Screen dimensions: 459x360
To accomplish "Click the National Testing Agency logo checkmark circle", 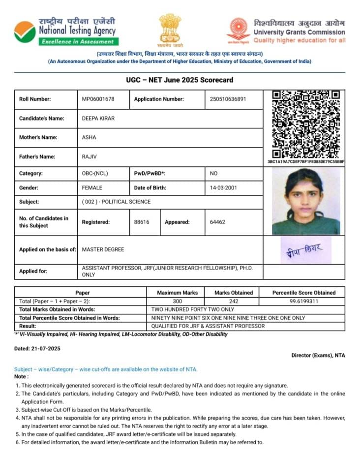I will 25,32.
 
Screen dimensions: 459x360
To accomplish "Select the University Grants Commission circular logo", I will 239,30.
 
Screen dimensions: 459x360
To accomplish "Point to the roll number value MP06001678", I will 98,99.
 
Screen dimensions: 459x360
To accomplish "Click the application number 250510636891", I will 228,99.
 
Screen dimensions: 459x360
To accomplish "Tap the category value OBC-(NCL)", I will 96,174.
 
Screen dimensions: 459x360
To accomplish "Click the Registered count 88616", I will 142,222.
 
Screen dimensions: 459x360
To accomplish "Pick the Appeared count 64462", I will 217,222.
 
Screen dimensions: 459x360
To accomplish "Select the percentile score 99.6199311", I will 304,301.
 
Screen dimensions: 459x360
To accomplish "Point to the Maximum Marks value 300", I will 177,301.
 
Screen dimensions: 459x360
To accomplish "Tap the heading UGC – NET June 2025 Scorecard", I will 180,80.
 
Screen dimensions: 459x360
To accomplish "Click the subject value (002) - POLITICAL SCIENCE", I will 116,202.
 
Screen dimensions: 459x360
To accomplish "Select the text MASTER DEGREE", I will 103,249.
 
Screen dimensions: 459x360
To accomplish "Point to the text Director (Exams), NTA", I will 318,355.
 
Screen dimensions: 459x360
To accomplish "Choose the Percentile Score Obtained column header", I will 304,293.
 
